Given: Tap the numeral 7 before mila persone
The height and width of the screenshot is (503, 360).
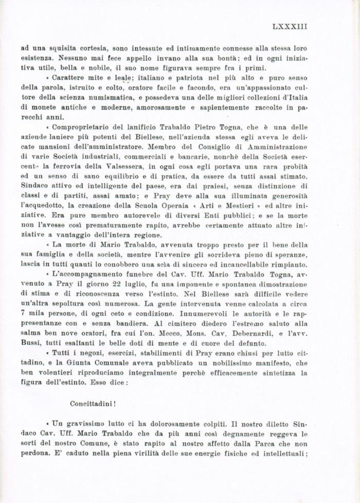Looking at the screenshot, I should pos(23,312).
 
